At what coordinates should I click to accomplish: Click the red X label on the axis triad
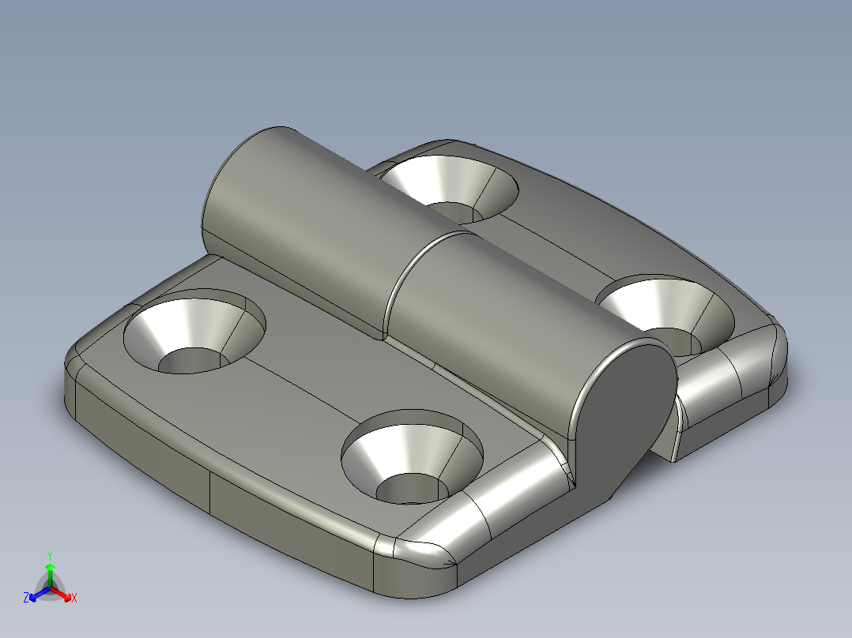click(74, 598)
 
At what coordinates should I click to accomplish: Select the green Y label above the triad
click(49, 555)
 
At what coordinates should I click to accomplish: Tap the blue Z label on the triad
click(26, 598)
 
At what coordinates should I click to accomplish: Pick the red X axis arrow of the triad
click(64, 594)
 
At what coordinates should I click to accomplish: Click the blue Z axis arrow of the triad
click(36, 595)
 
